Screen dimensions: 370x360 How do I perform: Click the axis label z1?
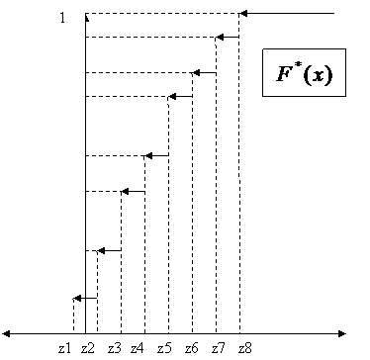pos(64,348)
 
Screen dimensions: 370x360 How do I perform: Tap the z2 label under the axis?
pos(88,348)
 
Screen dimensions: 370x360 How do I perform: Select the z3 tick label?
pos(114,348)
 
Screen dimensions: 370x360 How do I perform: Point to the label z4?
pos(138,348)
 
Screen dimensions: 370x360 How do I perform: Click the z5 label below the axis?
pos(164,348)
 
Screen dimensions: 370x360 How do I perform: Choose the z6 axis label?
pos(191,348)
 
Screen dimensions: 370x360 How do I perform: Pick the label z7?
pos(218,348)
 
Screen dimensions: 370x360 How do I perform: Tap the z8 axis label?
pos(245,348)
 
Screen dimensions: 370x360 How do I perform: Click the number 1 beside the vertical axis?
pos(62,18)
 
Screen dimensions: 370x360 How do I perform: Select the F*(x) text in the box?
pos(305,74)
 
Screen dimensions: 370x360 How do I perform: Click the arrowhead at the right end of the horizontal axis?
pos(342,334)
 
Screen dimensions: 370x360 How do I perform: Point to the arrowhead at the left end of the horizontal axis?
pos(6,334)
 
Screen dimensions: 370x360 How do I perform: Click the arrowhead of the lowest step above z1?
pos(77,299)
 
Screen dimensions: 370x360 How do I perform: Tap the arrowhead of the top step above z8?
pos(243,14)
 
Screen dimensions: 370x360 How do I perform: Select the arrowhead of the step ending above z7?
pos(220,38)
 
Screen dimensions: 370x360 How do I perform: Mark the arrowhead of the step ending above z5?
pos(172,97)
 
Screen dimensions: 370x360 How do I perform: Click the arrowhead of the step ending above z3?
pos(125,191)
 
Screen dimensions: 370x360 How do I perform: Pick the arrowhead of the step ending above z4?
pos(148,155)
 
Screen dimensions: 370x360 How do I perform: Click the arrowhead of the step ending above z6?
pos(196,73)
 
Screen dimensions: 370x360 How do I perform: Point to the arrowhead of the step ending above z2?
pos(101,251)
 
